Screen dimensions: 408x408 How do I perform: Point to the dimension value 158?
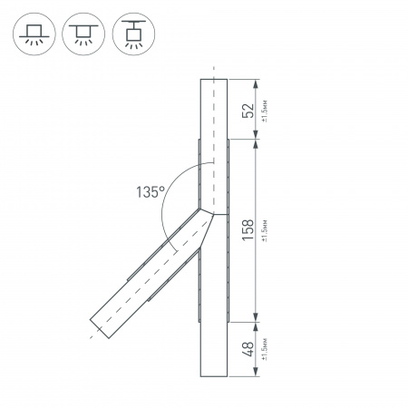click(246, 229)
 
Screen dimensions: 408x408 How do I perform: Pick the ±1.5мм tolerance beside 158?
click(263, 229)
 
